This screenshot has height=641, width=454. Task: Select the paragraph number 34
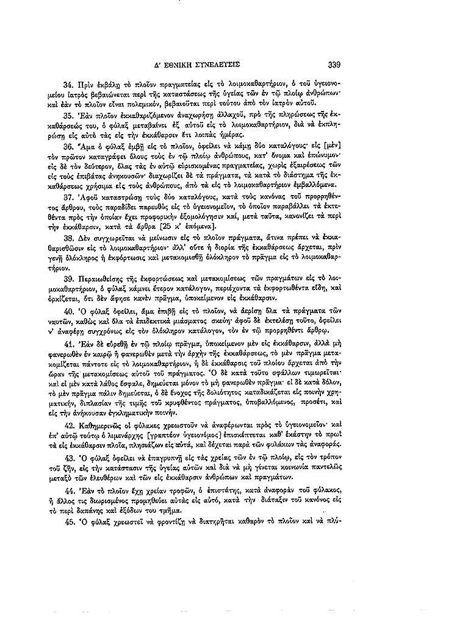[68, 83]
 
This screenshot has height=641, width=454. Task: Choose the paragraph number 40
[68, 312]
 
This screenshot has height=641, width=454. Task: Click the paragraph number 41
[68, 343]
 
